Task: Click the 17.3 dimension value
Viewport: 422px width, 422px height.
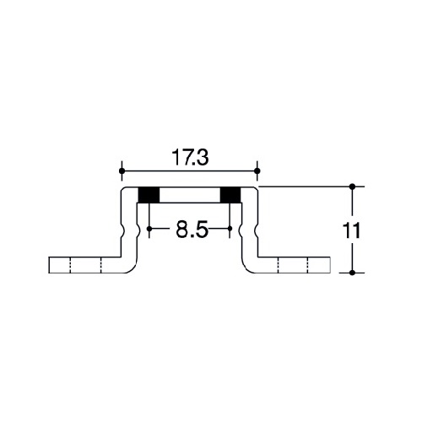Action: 191,158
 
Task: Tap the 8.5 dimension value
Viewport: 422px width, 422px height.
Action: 192,230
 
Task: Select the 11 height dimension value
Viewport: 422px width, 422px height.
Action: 351,230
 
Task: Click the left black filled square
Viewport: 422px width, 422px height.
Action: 149,195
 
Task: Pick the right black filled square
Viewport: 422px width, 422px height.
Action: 230,195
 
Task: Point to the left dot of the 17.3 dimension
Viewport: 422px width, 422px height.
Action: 122,170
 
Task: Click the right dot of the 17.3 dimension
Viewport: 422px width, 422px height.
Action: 257,170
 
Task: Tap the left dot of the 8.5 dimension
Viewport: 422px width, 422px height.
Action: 149,229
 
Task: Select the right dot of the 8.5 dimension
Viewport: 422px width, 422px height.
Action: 230,229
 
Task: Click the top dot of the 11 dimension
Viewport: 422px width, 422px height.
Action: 352,187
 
